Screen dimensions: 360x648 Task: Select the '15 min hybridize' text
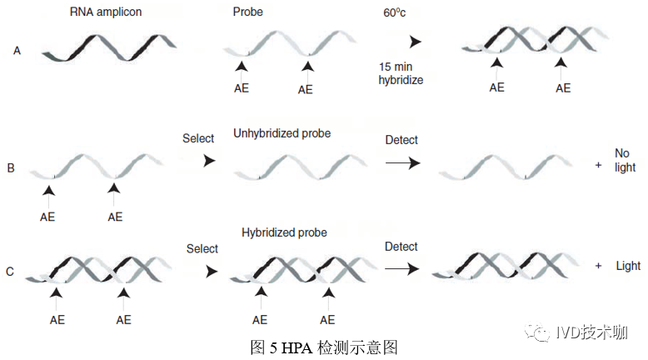401,72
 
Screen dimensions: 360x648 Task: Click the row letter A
17,51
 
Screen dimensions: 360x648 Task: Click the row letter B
11,168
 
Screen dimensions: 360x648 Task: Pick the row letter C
9,271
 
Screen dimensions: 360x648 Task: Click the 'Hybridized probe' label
284,232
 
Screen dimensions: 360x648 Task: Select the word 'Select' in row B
198,138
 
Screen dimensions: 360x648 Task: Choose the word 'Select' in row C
202,248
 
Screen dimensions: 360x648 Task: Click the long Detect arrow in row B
402,164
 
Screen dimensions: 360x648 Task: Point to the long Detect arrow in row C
402,268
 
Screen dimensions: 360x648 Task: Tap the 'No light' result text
625,160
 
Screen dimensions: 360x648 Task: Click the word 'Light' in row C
628,266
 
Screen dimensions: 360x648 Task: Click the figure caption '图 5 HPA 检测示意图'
324,347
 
